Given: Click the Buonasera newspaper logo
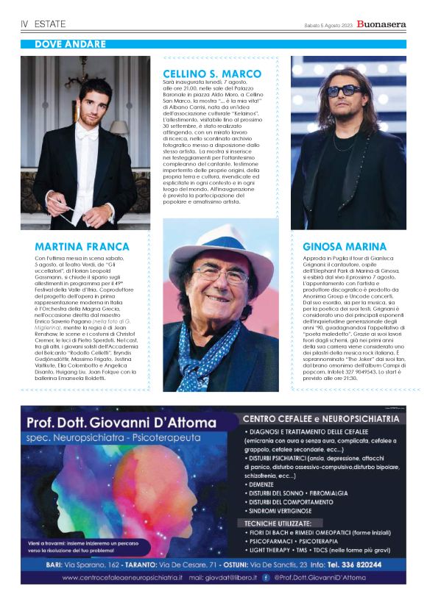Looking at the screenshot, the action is coord(381,24).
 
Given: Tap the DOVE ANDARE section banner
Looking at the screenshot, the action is coord(71,44).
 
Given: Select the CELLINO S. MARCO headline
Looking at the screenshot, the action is coord(212,74).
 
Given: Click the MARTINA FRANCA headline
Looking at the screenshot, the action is coord(82,247).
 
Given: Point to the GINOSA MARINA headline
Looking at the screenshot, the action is coord(343,247).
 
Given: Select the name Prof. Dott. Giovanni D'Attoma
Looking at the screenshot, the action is coord(121,423).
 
